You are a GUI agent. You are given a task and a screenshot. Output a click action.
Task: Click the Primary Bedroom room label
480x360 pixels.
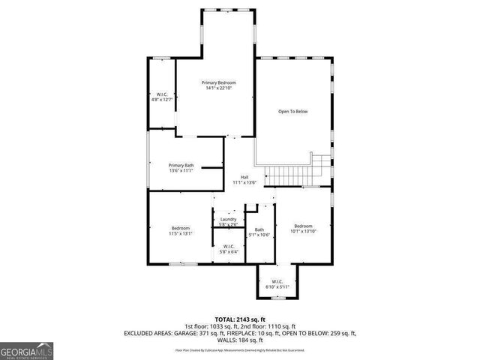point(218,82)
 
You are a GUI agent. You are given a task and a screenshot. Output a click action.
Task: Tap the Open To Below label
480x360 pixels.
point(293,112)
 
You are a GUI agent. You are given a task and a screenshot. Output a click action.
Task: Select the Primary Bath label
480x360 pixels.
point(181,165)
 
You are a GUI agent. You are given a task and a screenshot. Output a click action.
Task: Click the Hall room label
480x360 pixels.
point(244,177)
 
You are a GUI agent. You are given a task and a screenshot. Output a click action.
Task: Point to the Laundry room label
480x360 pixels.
point(228,219)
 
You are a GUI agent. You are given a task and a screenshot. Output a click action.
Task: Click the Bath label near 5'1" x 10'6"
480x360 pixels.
point(259,229)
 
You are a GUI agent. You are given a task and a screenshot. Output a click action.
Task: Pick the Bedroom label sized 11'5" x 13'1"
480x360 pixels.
point(181,228)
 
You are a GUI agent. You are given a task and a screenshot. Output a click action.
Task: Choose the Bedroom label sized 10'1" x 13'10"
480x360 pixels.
point(303,226)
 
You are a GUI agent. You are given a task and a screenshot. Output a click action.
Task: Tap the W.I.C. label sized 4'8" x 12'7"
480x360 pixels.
point(161,94)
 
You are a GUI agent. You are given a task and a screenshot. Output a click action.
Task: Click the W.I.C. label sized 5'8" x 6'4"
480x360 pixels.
point(228,246)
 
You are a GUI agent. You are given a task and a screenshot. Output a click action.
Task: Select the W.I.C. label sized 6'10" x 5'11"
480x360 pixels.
point(277,281)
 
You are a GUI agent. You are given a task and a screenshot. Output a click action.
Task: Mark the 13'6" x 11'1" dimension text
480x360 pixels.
point(181,171)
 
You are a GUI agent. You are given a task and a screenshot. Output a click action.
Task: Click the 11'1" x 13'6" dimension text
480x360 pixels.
point(244,182)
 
